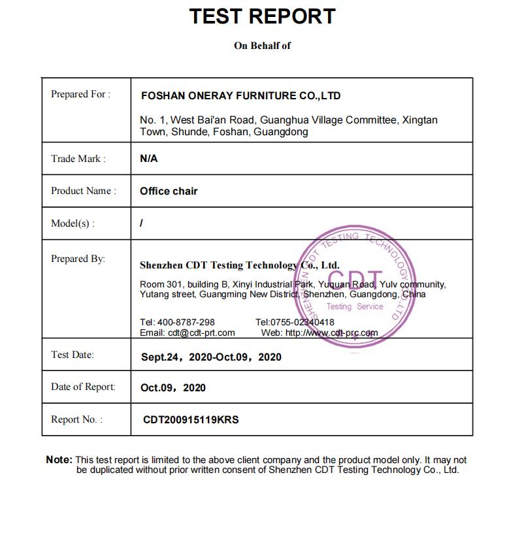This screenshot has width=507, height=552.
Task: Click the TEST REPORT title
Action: tap(262, 16)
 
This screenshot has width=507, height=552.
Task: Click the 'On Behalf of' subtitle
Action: tap(262, 46)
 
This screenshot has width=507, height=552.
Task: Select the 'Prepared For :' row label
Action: tap(80, 94)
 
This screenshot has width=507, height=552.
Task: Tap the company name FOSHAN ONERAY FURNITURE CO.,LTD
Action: tap(240, 95)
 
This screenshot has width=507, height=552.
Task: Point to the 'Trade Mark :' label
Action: tap(78, 159)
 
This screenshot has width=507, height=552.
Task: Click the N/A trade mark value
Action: tap(148, 159)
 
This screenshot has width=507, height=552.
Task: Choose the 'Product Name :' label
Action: tap(84, 191)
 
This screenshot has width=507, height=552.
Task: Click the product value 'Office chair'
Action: tap(169, 191)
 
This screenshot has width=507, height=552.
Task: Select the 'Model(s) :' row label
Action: tap(73, 223)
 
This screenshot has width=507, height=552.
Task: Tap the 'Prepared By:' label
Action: tap(78, 259)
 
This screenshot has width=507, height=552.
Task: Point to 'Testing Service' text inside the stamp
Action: tap(355, 306)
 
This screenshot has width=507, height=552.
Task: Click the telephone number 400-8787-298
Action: tap(186, 322)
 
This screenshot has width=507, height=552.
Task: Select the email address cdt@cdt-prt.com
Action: tap(201, 333)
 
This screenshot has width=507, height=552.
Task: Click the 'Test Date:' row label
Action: tap(73, 355)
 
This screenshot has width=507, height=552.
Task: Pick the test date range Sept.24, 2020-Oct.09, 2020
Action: tap(211, 357)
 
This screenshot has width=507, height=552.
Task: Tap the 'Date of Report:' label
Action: tap(83, 387)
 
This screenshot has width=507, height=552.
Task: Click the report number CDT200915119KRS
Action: tap(191, 420)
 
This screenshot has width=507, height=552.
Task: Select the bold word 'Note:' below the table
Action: tap(59, 460)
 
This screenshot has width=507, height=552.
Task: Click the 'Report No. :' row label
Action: tap(76, 419)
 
